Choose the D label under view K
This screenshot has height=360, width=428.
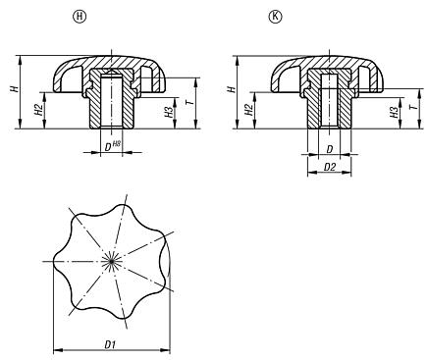(329, 147)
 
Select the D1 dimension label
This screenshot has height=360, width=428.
(111, 343)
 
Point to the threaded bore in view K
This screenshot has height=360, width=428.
(329, 103)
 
